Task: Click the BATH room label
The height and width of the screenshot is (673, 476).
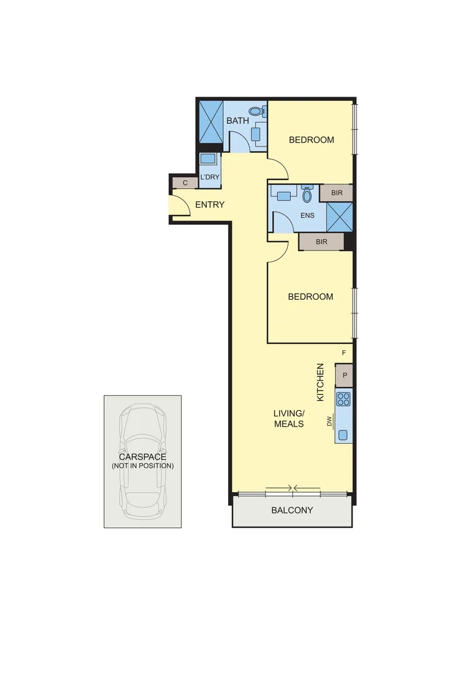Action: tap(237, 120)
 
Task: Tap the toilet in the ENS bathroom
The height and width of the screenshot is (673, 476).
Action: tap(306, 194)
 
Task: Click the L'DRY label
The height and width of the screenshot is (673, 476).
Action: tap(210, 177)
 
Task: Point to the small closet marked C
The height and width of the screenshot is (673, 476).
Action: tap(186, 183)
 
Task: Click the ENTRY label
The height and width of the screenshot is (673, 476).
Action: tap(210, 204)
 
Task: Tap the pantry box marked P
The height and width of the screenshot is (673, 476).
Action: tap(344, 376)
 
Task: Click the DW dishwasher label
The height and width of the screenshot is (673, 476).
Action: tap(329, 422)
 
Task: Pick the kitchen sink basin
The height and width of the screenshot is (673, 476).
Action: tap(343, 434)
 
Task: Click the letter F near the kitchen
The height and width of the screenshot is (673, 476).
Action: tap(344, 353)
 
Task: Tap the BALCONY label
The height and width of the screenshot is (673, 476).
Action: tap(292, 510)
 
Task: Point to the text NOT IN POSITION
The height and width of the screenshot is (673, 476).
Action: tap(143, 466)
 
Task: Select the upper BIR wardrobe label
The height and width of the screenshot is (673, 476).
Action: tap(337, 193)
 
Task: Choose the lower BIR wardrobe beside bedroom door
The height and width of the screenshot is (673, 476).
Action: tap(321, 241)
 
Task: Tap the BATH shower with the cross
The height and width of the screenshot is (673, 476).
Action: tap(210, 122)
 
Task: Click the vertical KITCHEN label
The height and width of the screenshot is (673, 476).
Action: tap(321, 382)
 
